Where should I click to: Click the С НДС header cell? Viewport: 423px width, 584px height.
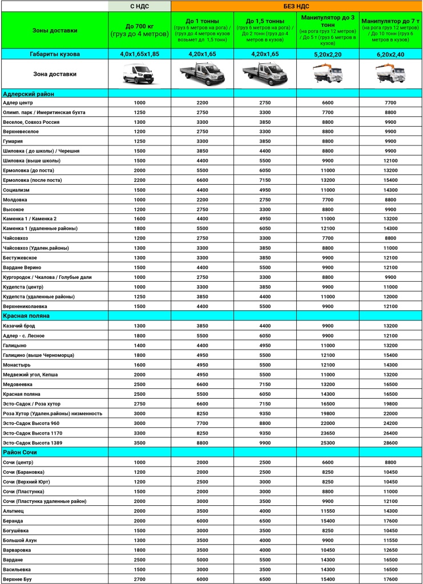click(x=139, y=6)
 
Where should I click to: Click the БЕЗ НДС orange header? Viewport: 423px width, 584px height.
click(x=296, y=6)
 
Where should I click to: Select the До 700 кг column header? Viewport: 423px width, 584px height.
click(x=139, y=30)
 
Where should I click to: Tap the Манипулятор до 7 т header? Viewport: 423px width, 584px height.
click(x=391, y=30)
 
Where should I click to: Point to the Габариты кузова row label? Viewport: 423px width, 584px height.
click(x=55, y=54)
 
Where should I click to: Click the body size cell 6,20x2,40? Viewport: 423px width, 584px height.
click(x=391, y=54)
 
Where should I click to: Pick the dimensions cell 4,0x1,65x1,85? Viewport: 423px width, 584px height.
click(x=139, y=54)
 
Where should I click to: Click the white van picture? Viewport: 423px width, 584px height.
click(x=139, y=74)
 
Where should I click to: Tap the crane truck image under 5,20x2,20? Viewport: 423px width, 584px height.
click(x=328, y=74)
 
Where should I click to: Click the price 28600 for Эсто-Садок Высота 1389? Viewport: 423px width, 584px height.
click(x=390, y=443)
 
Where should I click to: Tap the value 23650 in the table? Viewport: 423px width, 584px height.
click(x=328, y=433)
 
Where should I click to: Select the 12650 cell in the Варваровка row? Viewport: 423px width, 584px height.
click(x=390, y=550)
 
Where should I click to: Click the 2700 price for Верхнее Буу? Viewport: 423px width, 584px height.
click(x=139, y=579)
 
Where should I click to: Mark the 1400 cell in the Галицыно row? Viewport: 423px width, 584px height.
click(x=139, y=346)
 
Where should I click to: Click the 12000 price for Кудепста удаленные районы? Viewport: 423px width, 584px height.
click(x=390, y=297)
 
